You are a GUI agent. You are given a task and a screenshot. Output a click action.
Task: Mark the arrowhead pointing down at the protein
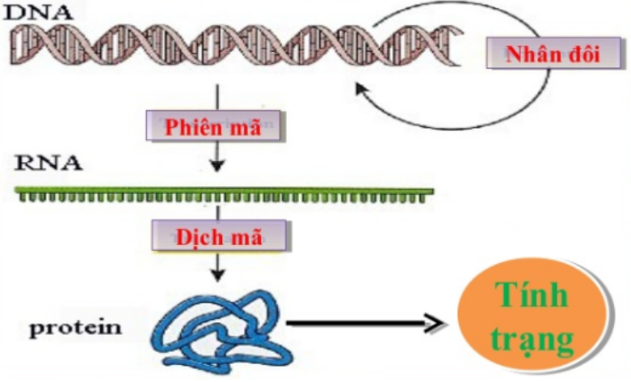(x=216, y=275)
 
